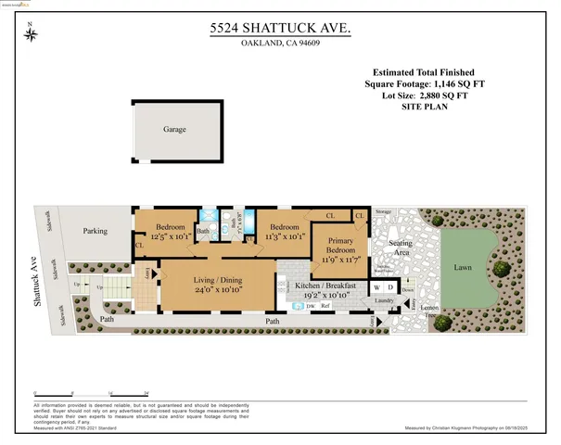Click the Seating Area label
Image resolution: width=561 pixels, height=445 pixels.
401,248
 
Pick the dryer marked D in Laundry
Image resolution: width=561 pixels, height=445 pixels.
390,287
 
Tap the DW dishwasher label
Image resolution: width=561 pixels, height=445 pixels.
311,304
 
